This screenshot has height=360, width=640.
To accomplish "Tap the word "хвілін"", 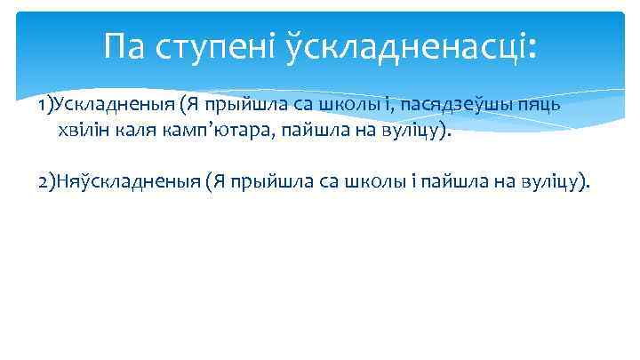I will (x=82, y=132).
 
